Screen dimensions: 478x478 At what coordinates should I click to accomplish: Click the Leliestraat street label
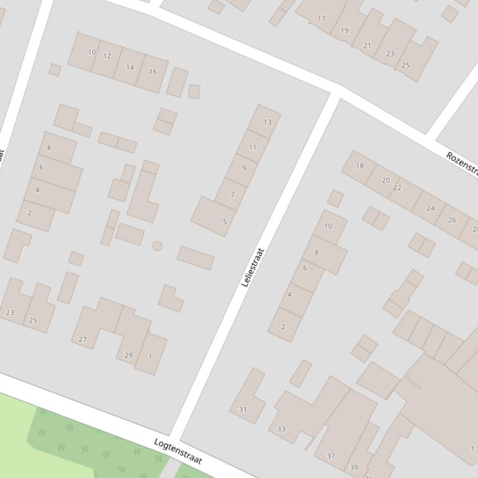253,267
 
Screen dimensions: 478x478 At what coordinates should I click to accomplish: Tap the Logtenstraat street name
178,451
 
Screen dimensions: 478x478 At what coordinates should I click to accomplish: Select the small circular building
157,246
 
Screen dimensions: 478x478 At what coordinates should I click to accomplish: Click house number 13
267,122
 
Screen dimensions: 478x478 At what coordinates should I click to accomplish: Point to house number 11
252,147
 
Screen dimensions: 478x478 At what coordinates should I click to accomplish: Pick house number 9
244,168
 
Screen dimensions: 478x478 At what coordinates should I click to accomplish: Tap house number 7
232,194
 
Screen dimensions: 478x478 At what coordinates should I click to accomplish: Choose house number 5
224,221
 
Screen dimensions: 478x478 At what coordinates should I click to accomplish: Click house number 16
152,71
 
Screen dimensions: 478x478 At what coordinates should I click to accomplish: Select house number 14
130,67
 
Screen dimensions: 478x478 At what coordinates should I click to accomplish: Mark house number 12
107,56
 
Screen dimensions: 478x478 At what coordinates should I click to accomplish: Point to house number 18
359,166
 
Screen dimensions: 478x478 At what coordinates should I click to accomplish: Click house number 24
430,208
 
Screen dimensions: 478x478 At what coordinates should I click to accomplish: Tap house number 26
452,220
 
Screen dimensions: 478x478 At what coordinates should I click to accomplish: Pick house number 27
83,340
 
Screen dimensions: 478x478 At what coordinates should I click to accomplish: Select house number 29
128,355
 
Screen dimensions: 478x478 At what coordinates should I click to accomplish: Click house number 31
242,409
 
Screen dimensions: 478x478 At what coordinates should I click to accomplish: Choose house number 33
281,428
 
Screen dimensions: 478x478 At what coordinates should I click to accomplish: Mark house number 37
331,456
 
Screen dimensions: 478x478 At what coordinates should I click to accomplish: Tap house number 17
321,19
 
